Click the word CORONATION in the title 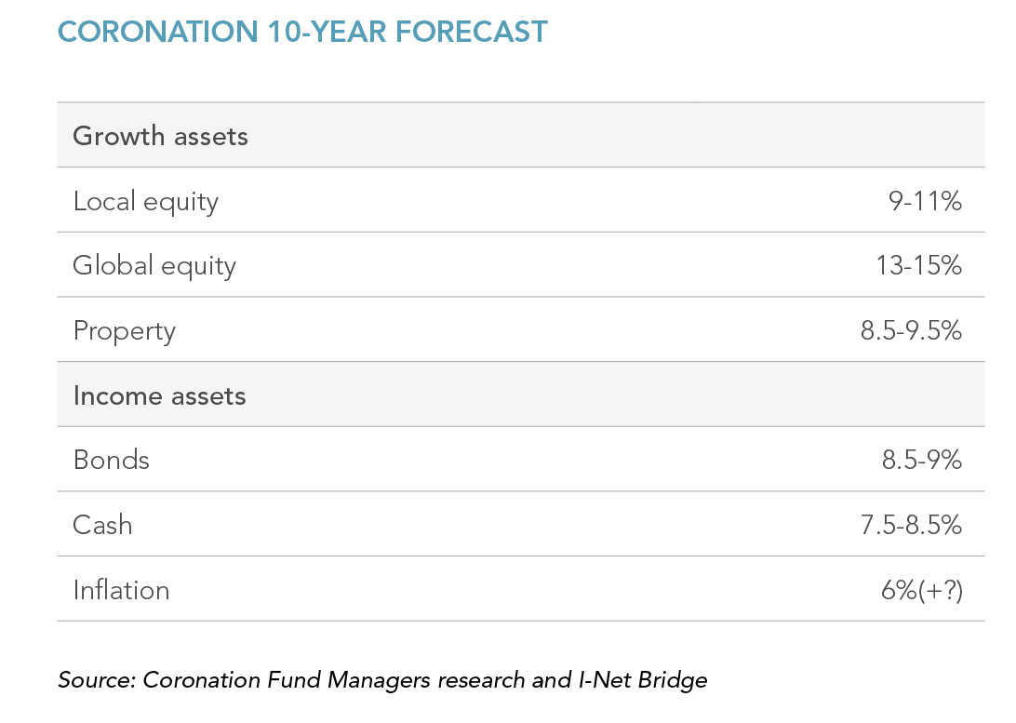(x=158, y=32)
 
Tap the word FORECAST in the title (x=471, y=32)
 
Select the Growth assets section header (x=160, y=137)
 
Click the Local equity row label (x=146, y=202)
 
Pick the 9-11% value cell (x=925, y=202)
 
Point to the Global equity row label (x=154, y=266)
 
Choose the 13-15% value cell (x=918, y=265)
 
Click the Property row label (x=125, y=331)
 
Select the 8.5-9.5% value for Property (x=911, y=330)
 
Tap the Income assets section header (x=159, y=395)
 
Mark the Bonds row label (x=112, y=460)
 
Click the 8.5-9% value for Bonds (x=921, y=460)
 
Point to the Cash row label (x=102, y=525)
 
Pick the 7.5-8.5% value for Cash (x=911, y=525)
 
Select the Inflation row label (x=121, y=590)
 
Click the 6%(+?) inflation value (x=921, y=590)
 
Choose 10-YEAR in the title (x=328, y=32)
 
